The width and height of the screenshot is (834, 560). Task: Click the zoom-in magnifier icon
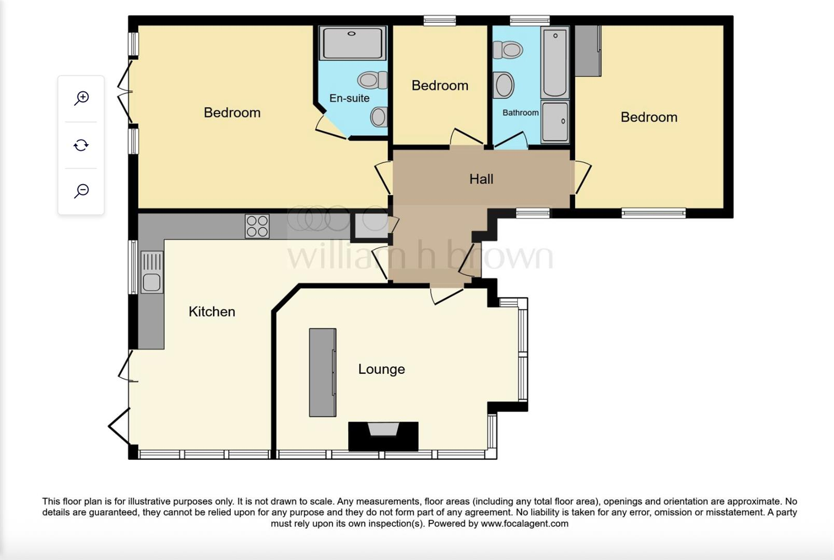tap(81, 98)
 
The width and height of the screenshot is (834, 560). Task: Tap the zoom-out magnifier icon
tap(81, 191)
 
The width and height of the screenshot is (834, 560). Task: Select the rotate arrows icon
tap(81, 145)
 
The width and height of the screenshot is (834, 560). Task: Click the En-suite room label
tap(349, 98)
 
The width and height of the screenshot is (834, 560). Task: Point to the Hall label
tap(481, 179)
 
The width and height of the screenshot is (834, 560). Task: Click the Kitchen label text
tap(212, 311)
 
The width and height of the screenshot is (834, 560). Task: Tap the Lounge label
tap(381, 369)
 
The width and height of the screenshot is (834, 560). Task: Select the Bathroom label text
tap(520, 113)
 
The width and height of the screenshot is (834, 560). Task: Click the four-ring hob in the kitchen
tap(257, 226)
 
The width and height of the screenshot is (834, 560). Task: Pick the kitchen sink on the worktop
tap(151, 272)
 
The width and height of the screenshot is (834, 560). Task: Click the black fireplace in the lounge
tap(383, 436)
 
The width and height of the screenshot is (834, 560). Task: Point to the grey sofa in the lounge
tap(323, 372)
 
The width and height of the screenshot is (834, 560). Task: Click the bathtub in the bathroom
tap(555, 62)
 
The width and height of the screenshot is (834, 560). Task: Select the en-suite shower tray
tap(353, 43)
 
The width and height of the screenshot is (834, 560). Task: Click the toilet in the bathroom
tap(508, 50)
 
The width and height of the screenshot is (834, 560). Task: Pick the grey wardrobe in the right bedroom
tap(588, 51)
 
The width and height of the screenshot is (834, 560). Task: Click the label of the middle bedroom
tap(440, 85)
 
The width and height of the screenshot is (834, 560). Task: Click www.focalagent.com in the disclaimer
tap(524, 523)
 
